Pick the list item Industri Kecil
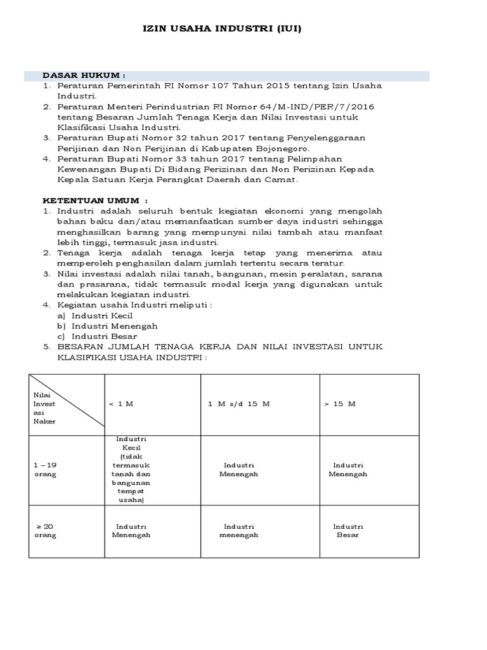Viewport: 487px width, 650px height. pos(101,315)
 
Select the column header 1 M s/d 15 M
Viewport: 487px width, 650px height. pos(238,404)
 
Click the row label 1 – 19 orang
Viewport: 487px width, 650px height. pos(45,470)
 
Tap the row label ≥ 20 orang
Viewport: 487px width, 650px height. pos(45,531)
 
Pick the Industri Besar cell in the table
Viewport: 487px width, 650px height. pos(348,531)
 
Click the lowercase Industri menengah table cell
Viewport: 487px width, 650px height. pos(239,531)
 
